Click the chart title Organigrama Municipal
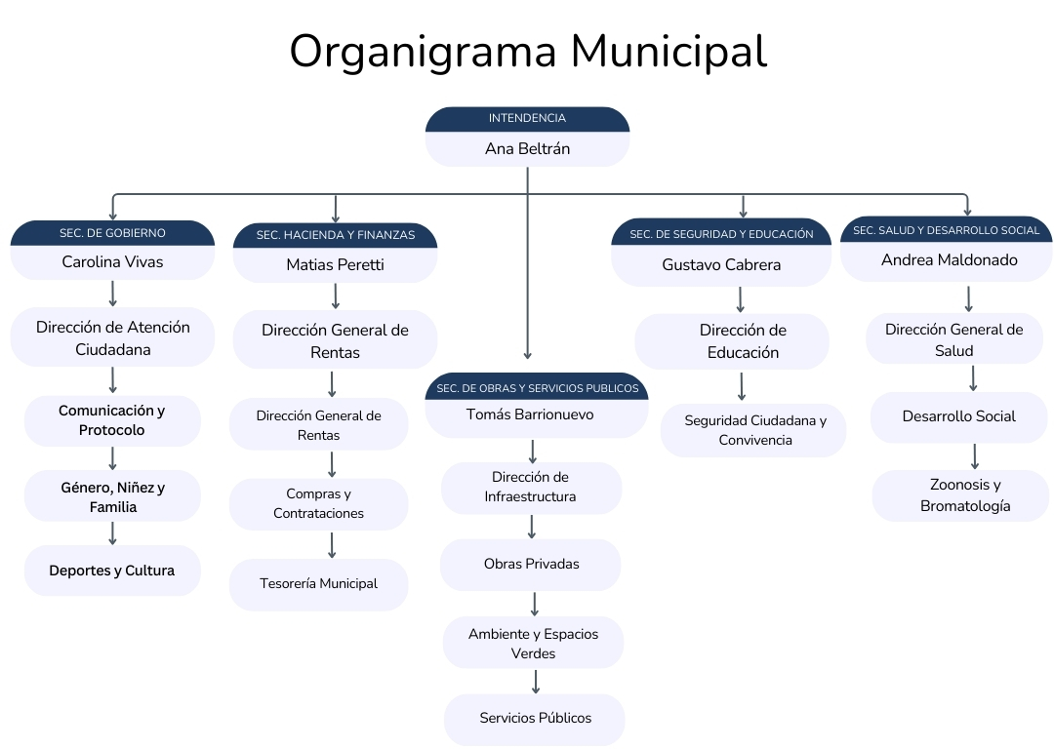(x=527, y=51)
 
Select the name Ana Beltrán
(x=527, y=149)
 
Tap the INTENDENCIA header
(x=527, y=118)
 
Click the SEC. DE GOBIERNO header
(x=112, y=233)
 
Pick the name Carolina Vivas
(x=112, y=261)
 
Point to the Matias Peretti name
(x=335, y=264)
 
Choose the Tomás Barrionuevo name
(x=530, y=414)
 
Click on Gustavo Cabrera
(x=721, y=264)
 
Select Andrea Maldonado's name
(x=950, y=260)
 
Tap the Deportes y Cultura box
(x=112, y=571)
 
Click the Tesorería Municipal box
(x=318, y=584)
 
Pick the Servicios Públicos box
(x=535, y=719)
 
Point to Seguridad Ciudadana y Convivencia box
(x=754, y=430)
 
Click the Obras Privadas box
(x=531, y=564)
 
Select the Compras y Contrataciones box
(x=318, y=504)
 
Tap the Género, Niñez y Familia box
(x=112, y=496)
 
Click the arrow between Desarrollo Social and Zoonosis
(x=974, y=456)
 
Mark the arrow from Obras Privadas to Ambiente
(x=535, y=603)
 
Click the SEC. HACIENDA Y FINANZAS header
(x=335, y=235)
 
